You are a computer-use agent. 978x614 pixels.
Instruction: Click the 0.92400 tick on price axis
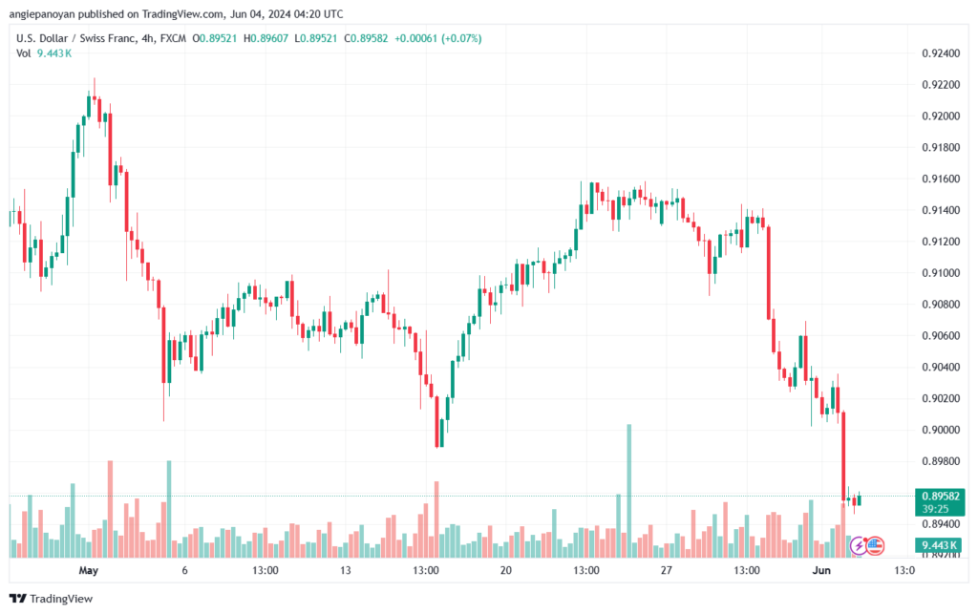pos(938,53)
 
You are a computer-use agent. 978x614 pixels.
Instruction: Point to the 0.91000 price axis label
pos(938,273)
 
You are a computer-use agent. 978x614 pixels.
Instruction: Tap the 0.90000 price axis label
pos(938,430)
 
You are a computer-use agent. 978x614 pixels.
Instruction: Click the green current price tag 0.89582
pos(937,496)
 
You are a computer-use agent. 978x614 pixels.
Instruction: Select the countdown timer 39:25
pos(937,509)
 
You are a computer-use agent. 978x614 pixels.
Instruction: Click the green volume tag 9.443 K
pos(937,545)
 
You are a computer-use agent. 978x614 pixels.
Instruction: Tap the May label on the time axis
pos(89,571)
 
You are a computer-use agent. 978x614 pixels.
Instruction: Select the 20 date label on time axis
pos(505,571)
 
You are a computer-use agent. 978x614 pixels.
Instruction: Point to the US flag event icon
pos(875,546)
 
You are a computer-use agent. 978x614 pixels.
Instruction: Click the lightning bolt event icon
pos(858,546)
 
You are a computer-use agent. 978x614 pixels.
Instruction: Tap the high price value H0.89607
pos(269,38)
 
